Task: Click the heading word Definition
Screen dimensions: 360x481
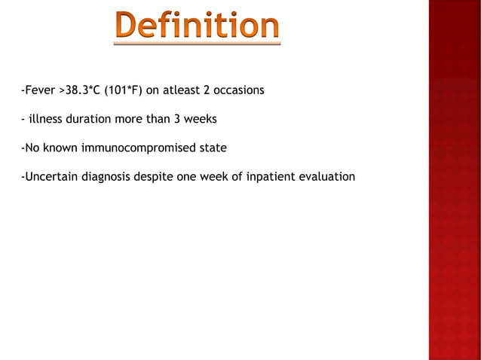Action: click(198, 28)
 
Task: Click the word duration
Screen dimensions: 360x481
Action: click(87, 119)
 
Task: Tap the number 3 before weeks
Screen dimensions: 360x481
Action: click(173, 119)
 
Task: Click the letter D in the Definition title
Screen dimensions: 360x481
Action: click(127, 28)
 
